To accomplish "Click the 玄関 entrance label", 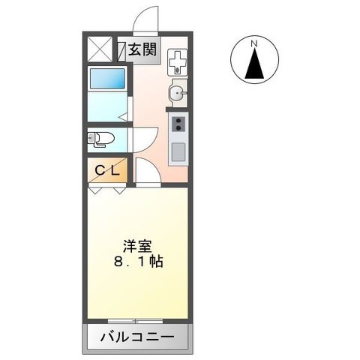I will pyautogui.click(x=142, y=51).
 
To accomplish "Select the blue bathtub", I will pyautogui.click(x=106, y=78).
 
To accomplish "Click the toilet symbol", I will pyautogui.click(x=100, y=139).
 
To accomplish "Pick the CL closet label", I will pyautogui.click(x=105, y=170).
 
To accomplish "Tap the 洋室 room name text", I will pyautogui.click(x=139, y=244).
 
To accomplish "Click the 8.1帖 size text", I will pyautogui.click(x=139, y=262).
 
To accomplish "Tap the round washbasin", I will pyautogui.click(x=177, y=93).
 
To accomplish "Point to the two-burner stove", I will pyautogui.click(x=178, y=124).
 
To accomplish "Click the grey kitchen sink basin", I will pyautogui.click(x=178, y=151).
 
